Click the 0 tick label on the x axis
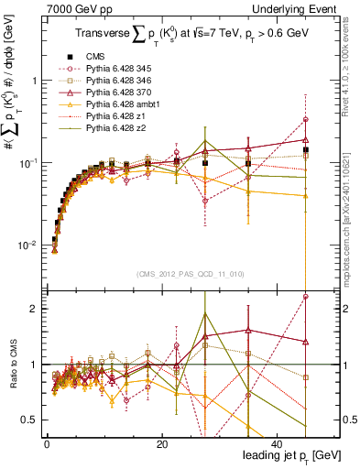click(47, 444)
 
